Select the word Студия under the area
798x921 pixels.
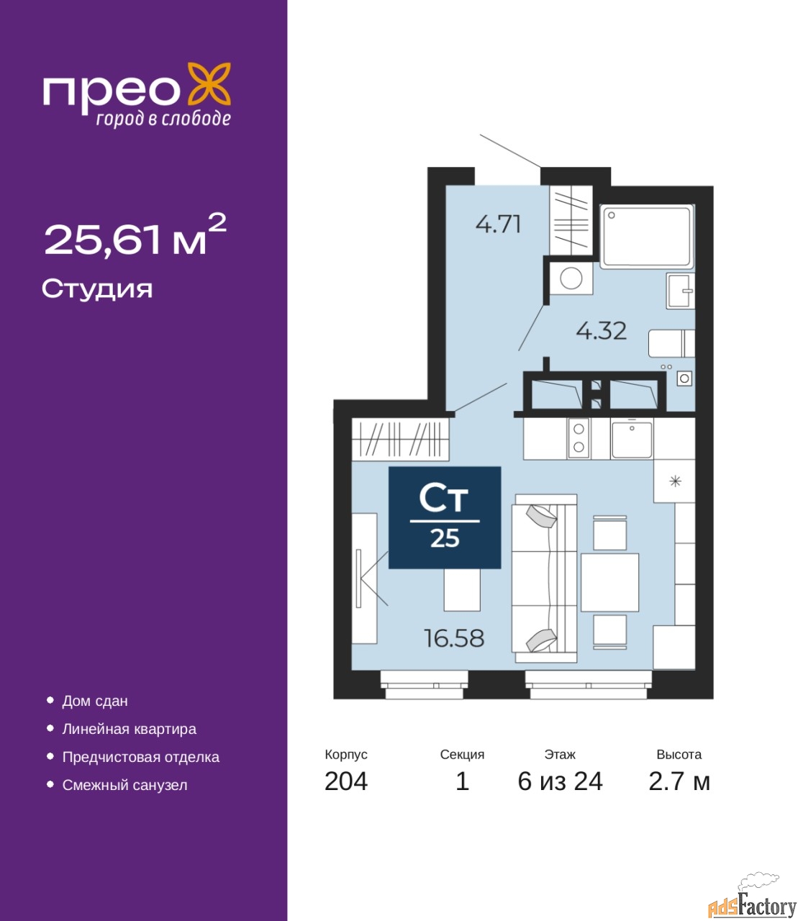(97, 289)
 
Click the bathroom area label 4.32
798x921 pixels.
(602, 331)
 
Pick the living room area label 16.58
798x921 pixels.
(454, 638)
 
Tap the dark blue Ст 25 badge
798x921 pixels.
(445, 517)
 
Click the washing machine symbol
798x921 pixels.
(571, 278)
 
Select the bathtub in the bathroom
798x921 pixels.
(647, 237)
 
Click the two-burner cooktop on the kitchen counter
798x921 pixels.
(579, 439)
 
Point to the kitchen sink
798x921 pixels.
(631, 439)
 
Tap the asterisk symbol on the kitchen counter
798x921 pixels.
(676, 481)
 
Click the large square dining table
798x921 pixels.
(609, 582)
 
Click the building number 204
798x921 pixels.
(346, 781)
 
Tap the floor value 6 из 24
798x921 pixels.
(560, 781)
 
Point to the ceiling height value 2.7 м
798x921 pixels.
(679, 781)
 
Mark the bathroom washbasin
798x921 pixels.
(681, 291)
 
